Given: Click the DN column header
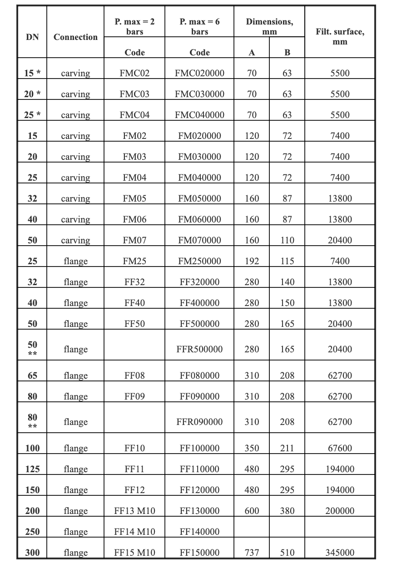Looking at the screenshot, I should pyautogui.click(x=32, y=37).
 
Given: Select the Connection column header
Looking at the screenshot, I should pyautogui.click(x=75, y=37).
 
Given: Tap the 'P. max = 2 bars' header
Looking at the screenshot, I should pyautogui.click(x=134, y=26).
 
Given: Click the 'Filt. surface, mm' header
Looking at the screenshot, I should pyautogui.click(x=340, y=36).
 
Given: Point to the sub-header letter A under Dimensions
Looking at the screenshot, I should pyautogui.click(x=252, y=52).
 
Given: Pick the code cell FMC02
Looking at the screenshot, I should pyautogui.click(x=134, y=73).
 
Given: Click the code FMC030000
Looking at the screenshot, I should pyautogui.click(x=199, y=94).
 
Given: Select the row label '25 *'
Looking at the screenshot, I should pyautogui.click(x=32, y=115).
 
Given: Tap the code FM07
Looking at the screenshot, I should pyautogui.click(x=134, y=240).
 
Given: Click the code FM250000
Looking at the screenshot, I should pyautogui.click(x=199, y=261).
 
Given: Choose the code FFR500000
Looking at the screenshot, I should pyautogui.click(x=199, y=349).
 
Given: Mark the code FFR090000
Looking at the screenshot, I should pyautogui.click(x=199, y=422).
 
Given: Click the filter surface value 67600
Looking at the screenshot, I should pyautogui.click(x=340, y=448).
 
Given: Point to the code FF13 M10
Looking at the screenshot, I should pyautogui.click(x=134, y=511).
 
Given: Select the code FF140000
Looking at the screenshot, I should pyautogui.click(x=199, y=532).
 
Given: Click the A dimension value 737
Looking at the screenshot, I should pyautogui.click(x=252, y=553).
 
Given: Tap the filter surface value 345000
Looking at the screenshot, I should pyautogui.click(x=340, y=553).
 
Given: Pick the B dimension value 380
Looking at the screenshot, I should pyautogui.click(x=287, y=511).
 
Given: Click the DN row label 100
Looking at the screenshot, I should pyautogui.click(x=32, y=448).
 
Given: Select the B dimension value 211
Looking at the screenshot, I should pyautogui.click(x=287, y=448).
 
